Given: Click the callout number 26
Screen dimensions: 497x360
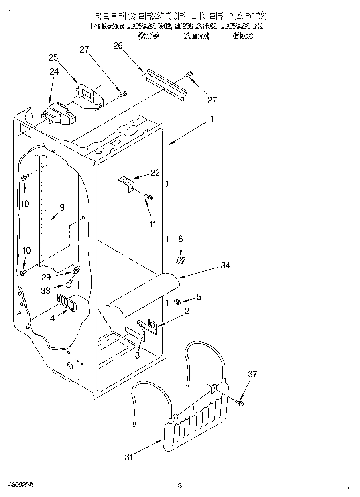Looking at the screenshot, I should click(118, 46).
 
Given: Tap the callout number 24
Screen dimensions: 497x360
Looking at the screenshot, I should click(54, 71).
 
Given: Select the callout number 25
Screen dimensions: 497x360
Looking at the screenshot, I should click(53, 57).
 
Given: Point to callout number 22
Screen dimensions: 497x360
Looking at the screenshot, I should click(155, 173).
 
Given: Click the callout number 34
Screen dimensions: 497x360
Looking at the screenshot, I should click(226, 265).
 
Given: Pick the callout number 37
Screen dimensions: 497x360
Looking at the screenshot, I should click(252, 374).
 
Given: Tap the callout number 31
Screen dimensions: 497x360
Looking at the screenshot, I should click(128, 457).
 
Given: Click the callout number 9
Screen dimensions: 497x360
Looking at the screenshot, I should click(62, 207).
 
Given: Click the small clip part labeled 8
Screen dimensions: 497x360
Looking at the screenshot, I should click(181, 260).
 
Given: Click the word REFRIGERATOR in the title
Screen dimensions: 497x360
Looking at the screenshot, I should click(139, 16).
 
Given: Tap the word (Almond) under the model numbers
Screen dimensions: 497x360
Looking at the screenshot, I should click(197, 36).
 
